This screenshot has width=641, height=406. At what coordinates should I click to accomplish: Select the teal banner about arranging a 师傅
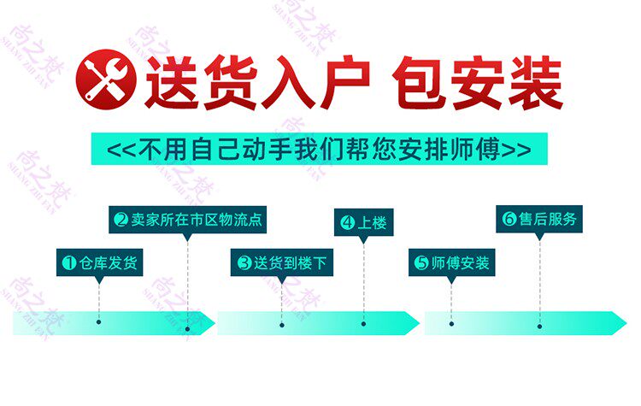coord(319,149)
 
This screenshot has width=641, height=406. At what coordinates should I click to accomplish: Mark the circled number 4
coord(347,223)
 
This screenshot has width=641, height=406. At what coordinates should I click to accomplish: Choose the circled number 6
coord(509,219)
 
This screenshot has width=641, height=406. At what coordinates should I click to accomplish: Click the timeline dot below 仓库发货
coord(99,322)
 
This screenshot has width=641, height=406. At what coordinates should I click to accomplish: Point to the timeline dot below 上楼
coord(363,323)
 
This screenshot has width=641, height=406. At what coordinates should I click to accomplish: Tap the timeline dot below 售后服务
coord(539,323)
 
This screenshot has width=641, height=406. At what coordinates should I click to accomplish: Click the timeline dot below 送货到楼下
coord(281,323)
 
